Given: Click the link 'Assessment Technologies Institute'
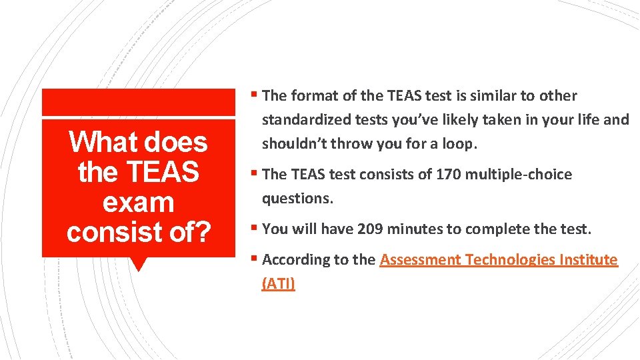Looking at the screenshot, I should (x=499, y=260).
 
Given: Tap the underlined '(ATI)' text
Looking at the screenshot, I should (x=279, y=284).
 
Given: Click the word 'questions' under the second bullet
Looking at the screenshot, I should (x=295, y=199).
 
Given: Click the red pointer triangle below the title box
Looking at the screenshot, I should (x=139, y=264).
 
